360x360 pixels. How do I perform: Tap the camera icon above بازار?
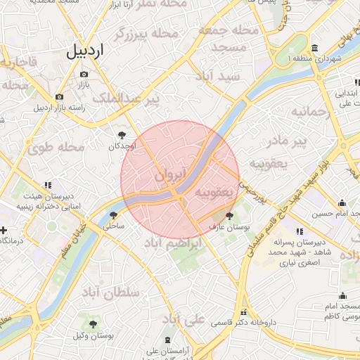pyautogui.click(x=84, y=74)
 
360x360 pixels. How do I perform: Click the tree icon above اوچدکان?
pyautogui.click(x=123, y=134)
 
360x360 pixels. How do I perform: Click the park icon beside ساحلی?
pyautogui.click(x=114, y=216)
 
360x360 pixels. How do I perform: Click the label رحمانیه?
pyautogui.click(x=310, y=111)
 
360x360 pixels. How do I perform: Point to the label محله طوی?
pyautogui.click(x=56, y=148)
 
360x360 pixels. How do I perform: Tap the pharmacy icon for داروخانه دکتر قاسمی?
pyautogui.click(x=243, y=313)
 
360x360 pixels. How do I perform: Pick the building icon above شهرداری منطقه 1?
pyautogui.click(x=314, y=48)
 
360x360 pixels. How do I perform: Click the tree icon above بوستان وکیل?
pyautogui.click(x=93, y=324)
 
